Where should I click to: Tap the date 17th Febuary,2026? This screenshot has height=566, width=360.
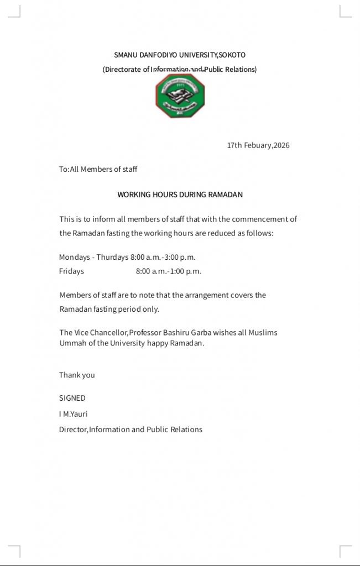(258, 145)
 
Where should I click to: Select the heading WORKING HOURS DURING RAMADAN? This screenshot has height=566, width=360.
(180, 195)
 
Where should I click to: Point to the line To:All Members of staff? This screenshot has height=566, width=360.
(98, 169)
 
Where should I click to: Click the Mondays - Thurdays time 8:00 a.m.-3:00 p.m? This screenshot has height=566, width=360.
(163, 257)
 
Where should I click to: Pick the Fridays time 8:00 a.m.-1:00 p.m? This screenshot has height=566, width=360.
(169, 271)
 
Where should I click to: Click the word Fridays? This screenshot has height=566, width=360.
(71, 271)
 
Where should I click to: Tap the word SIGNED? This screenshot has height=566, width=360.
(72, 398)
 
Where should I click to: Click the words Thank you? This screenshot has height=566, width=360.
(77, 375)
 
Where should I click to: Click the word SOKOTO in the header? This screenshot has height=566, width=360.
(232, 55)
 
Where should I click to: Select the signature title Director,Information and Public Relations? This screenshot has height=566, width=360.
(131, 429)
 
